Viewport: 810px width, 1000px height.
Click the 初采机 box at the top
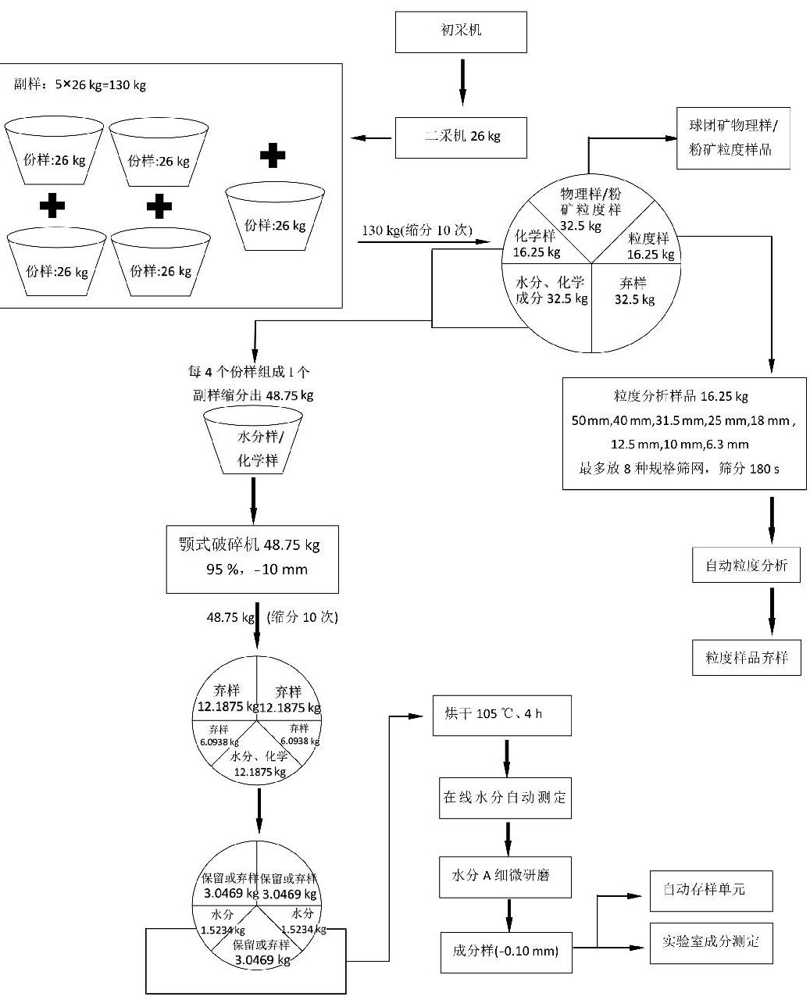point(461,31)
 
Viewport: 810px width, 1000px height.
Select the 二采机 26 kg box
point(461,137)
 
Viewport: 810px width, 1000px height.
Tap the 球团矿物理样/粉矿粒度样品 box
point(733,138)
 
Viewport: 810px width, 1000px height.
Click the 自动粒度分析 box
point(746,565)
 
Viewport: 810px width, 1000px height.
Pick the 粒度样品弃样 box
point(746,657)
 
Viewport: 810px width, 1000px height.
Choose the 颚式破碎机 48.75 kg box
point(252,558)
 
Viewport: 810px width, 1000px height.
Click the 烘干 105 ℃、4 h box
point(501,714)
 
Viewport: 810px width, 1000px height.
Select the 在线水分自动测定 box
point(505,798)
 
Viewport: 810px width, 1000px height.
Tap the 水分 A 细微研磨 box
point(505,876)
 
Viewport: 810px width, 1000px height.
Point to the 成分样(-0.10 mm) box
point(506,951)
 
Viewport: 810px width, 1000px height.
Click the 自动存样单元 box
point(711,890)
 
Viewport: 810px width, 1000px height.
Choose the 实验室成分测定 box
point(711,941)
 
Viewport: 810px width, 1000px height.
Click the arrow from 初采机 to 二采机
point(462,84)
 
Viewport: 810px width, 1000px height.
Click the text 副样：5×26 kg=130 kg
point(80,84)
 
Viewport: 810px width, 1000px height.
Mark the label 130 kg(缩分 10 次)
point(417,230)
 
